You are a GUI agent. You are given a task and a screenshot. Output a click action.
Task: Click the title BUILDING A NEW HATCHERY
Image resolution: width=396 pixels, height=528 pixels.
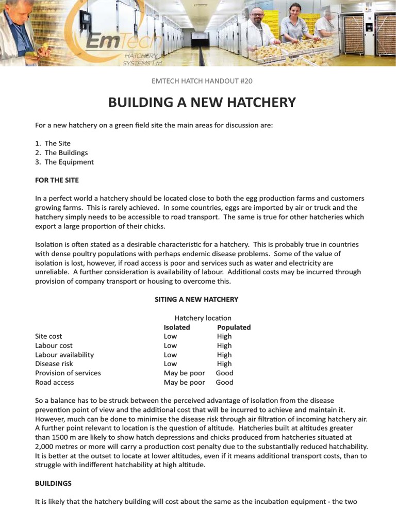202,102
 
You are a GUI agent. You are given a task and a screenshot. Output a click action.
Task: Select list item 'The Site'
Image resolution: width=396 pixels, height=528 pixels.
57,143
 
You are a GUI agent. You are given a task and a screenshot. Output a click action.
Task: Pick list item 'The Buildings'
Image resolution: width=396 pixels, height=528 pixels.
66,153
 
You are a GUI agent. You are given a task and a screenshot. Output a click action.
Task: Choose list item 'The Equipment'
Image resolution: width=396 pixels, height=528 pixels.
69,162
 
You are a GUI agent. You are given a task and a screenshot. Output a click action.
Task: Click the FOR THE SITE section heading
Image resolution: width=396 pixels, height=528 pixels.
57,180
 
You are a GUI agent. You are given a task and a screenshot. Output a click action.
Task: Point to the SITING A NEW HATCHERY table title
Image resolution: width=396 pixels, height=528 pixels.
196,299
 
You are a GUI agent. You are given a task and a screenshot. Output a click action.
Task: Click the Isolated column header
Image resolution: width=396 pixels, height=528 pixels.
177,327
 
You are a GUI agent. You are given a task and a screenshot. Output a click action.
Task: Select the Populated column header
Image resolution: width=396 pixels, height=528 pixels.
234,327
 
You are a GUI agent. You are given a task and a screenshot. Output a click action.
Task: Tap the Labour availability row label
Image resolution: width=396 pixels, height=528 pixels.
64,355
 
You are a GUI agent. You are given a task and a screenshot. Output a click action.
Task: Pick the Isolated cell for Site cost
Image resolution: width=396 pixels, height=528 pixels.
170,336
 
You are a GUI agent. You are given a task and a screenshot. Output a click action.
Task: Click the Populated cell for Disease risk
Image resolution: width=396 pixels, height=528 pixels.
224,364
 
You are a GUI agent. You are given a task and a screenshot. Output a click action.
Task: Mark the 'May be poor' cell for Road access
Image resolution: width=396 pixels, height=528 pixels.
184,382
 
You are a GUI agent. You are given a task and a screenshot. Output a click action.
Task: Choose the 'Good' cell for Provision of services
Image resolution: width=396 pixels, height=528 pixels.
224,373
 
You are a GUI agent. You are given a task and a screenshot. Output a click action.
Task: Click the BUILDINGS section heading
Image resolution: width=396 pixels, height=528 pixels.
53,484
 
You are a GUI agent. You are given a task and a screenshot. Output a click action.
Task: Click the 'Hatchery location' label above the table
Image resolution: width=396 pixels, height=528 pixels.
203,318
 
